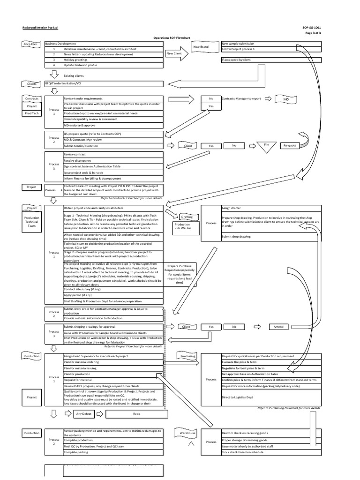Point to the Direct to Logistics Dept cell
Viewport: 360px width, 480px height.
tap(271, 397)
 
